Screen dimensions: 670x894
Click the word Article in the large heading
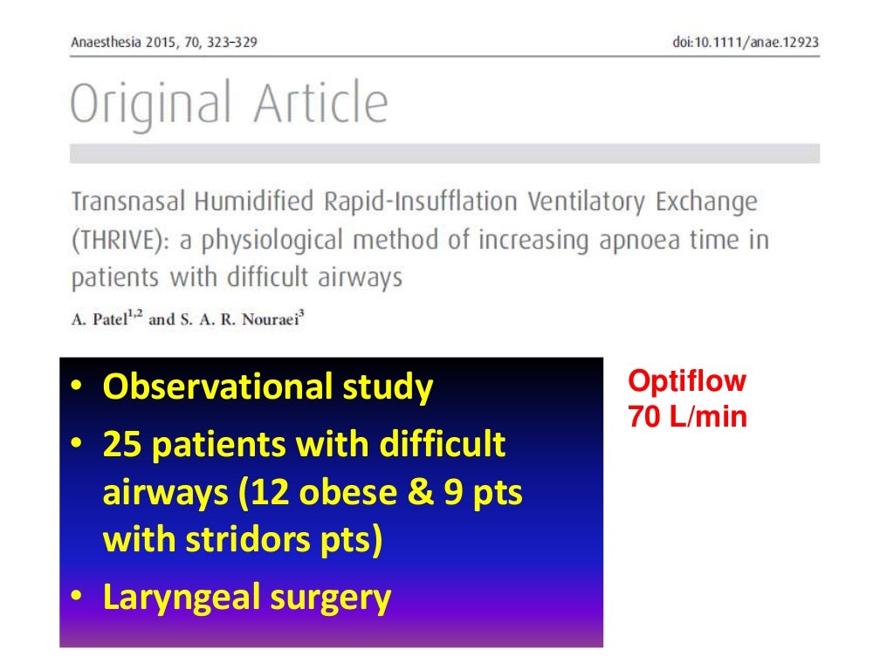click(320, 103)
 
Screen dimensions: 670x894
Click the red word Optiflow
click(687, 382)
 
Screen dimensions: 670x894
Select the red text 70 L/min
click(687, 417)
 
